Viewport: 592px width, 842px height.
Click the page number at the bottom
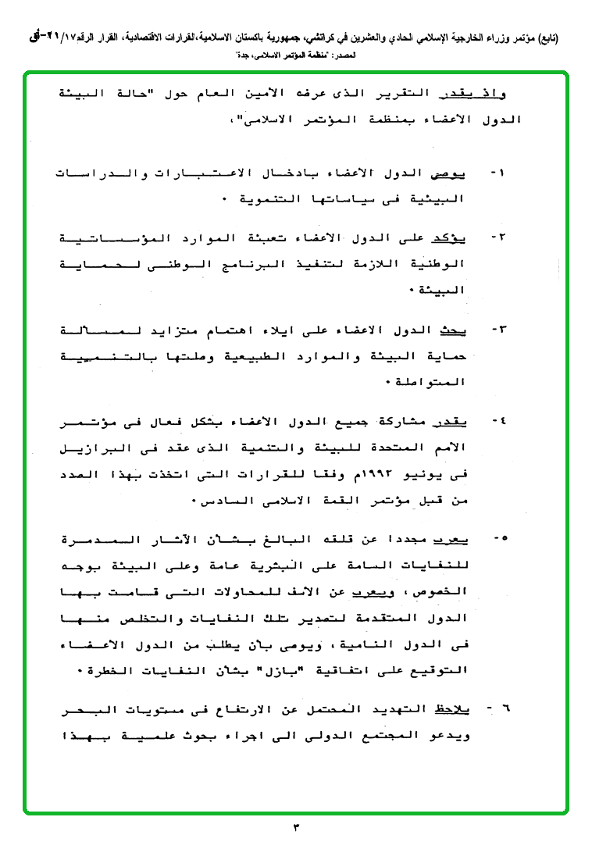click(296, 826)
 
